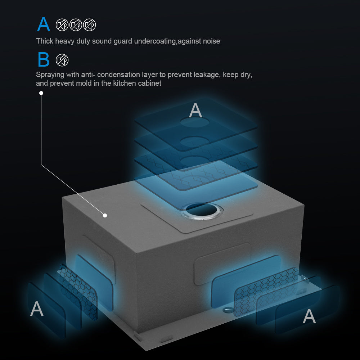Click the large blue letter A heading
(44, 24)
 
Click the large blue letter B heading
(44, 59)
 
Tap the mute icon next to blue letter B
(62, 60)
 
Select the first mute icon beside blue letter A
(62, 25)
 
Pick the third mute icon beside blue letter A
(90, 25)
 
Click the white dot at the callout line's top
(41, 93)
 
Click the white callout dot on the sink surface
(105, 215)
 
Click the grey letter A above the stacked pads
(195, 110)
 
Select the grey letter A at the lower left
(37, 309)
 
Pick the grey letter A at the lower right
(309, 316)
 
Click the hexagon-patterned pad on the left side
(78, 292)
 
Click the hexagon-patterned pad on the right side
(266, 292)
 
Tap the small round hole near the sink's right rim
(227, 310)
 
